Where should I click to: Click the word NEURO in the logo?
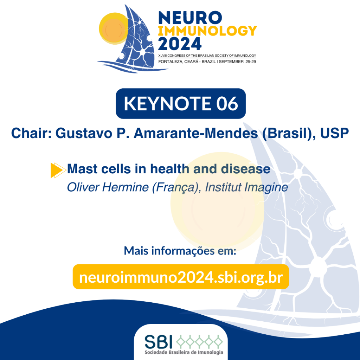point(190,18)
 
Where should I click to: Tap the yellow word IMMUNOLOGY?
point(207,31)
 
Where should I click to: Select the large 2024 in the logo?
point(180,44)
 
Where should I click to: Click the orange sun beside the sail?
point(113,28)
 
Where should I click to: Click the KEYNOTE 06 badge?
point(181,104)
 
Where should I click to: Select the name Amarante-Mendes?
point(196,133)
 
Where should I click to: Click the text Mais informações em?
point(180,251)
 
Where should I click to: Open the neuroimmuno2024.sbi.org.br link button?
point(181,277)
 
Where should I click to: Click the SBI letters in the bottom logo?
point(159,342)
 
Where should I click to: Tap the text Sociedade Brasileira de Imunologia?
point(184,352)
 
